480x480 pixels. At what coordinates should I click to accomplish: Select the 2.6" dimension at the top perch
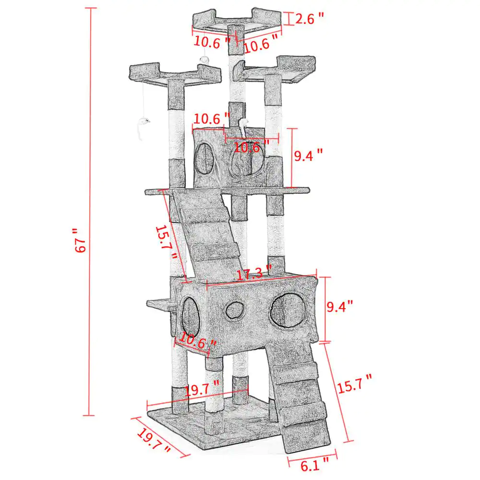(x=309, y=19)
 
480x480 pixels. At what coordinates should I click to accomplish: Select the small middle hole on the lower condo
(x=234, y=310)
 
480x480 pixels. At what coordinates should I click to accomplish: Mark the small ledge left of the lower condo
(x=158, y=303)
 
